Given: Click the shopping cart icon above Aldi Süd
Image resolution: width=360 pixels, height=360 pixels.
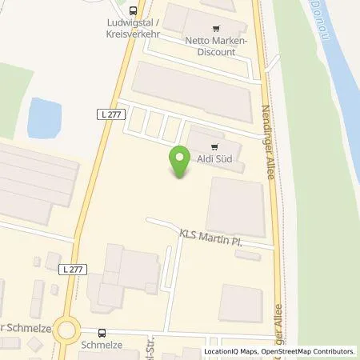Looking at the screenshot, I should point(213,147).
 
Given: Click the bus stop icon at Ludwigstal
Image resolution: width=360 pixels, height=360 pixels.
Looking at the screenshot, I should point(133,11).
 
